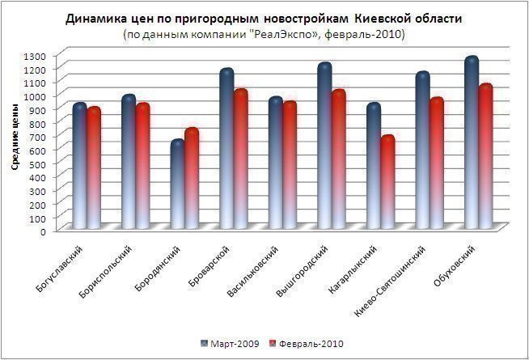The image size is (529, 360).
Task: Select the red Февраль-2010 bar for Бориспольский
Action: click(143, 166)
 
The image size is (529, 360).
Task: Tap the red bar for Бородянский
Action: click(191, 178)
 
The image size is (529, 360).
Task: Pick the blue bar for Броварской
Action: click(226, 150)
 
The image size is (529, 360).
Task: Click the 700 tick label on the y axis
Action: click(38, 137)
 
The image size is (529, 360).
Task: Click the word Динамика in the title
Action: click(97, 19)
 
